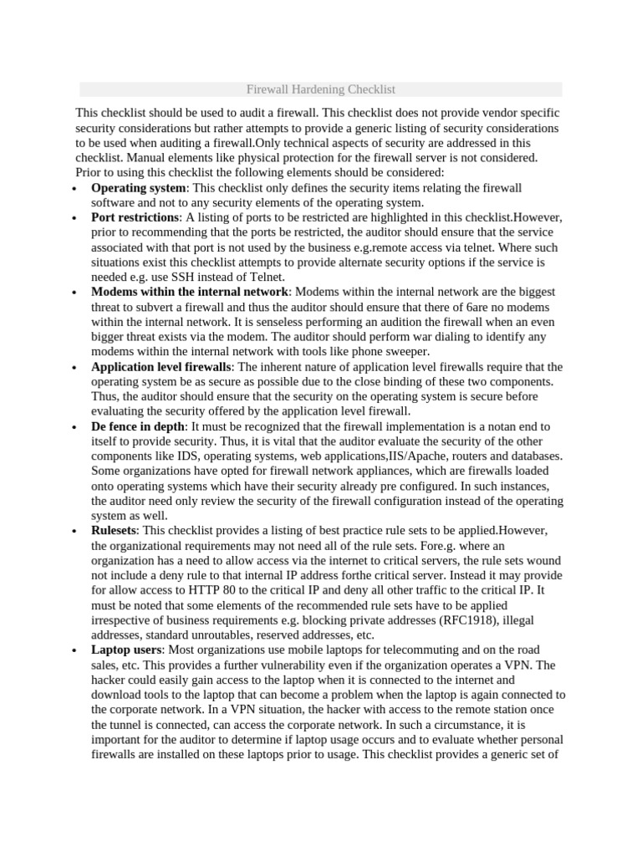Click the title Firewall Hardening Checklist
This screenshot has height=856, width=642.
321,89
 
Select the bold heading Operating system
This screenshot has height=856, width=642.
137,188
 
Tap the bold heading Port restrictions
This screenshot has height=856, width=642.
135,217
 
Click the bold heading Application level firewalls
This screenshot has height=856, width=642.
160,367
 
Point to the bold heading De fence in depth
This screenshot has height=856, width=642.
138,426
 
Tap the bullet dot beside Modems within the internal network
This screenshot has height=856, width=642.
74,293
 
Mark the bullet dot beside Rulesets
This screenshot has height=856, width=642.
74,532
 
